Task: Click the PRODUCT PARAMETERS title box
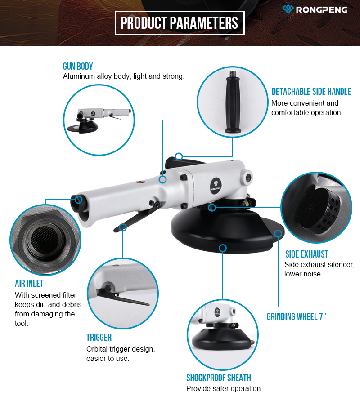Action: (x=180, y=23)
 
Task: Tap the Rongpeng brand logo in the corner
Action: (x=315, y=9)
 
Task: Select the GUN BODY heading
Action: (x=78, y=67)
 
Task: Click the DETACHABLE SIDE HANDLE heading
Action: (x=311, y=91)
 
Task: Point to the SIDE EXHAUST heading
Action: (x=306, y=254)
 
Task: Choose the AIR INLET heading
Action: (x=29, y=283)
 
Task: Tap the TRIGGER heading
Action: (x=99, y=337)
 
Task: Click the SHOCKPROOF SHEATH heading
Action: (x=219, y=378)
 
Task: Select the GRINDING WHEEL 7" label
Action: (x=297, y=316)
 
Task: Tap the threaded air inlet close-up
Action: (x=45, y=240)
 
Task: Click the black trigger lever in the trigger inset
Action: (x=121, y=297)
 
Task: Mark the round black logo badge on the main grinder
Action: (x=216, y=185)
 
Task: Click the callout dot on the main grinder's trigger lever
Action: (x=123, y=227)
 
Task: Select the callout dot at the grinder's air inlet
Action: (x=79, y=200)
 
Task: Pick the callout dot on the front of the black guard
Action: (x=223, y=248)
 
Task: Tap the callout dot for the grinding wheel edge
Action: (x=278, y=234)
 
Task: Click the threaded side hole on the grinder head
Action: (x=247, y=178)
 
